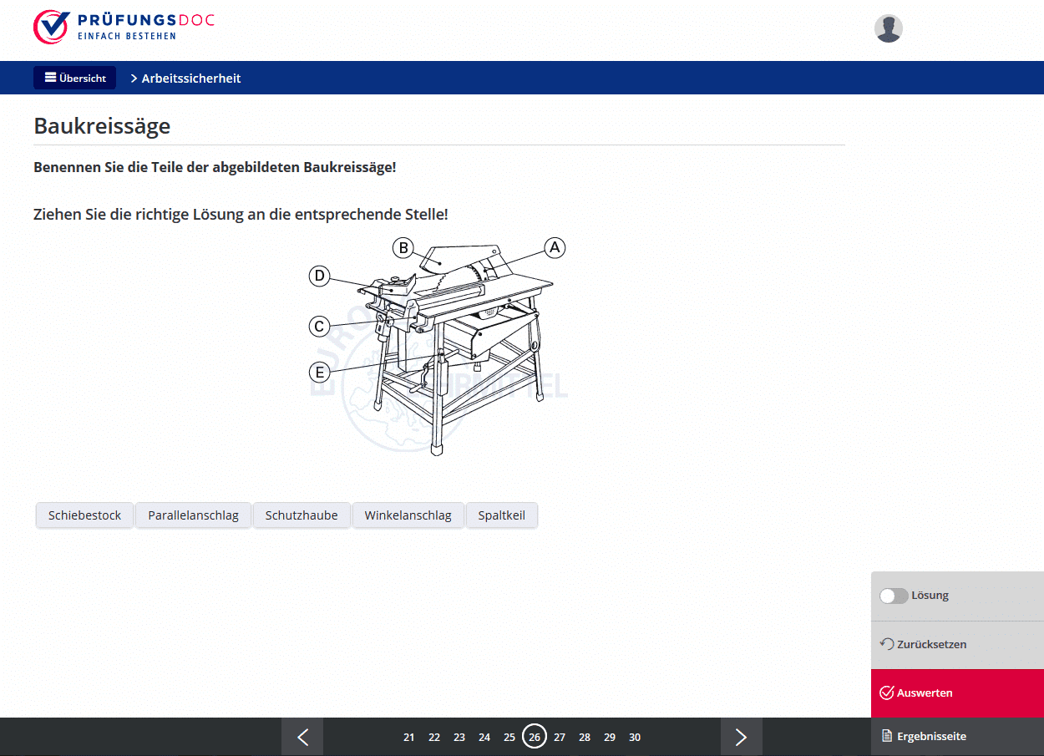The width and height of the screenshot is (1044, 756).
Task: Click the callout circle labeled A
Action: [x=555, y=247]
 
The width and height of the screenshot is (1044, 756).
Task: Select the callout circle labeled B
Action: [x=403, y=248]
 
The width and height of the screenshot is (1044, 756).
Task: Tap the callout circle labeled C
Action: [x=319, y=327]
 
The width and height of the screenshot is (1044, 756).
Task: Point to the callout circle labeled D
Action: [x=319, y=276]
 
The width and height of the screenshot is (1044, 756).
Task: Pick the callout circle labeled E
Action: [x=319, y=373]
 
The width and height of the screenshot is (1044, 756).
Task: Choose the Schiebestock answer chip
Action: [x=85, y=515]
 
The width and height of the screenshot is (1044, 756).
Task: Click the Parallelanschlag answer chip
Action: [x=194, y=515]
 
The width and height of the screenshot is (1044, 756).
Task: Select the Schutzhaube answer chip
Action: [x=302, y=515]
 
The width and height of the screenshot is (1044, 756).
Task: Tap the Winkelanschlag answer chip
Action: [x=408, y=515]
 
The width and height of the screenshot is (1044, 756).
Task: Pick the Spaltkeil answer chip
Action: [x=501, y=515]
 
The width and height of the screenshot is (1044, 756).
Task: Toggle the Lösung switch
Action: [x=894, y=596]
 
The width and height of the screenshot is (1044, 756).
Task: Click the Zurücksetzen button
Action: [x=923, y=644]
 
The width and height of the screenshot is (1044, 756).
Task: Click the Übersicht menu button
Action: [x=74, y=78]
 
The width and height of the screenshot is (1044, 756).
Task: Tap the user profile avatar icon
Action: [x=889, y=28]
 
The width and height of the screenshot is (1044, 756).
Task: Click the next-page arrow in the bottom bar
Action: [x=741, y=737]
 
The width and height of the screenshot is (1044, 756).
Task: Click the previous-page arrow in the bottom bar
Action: [x=302, y=737]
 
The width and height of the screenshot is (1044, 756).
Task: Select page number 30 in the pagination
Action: [x=634, y=737]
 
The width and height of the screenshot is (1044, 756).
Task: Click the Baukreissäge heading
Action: [x=102, y=126]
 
